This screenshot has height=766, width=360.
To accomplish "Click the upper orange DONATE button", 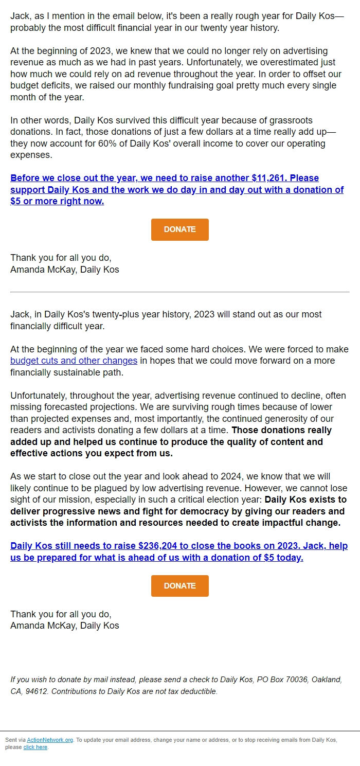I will click(x=179, y=229).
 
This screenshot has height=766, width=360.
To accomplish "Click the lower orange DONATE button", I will click(x=179, y=586).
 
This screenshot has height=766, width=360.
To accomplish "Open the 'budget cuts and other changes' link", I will click(x=74, y=361).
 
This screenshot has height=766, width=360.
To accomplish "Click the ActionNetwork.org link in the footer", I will click(x=50, y=740).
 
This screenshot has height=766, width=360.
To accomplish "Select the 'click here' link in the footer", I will click(x=35, y=747).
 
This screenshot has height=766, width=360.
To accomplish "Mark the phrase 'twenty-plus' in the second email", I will click(x=139, y=314).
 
